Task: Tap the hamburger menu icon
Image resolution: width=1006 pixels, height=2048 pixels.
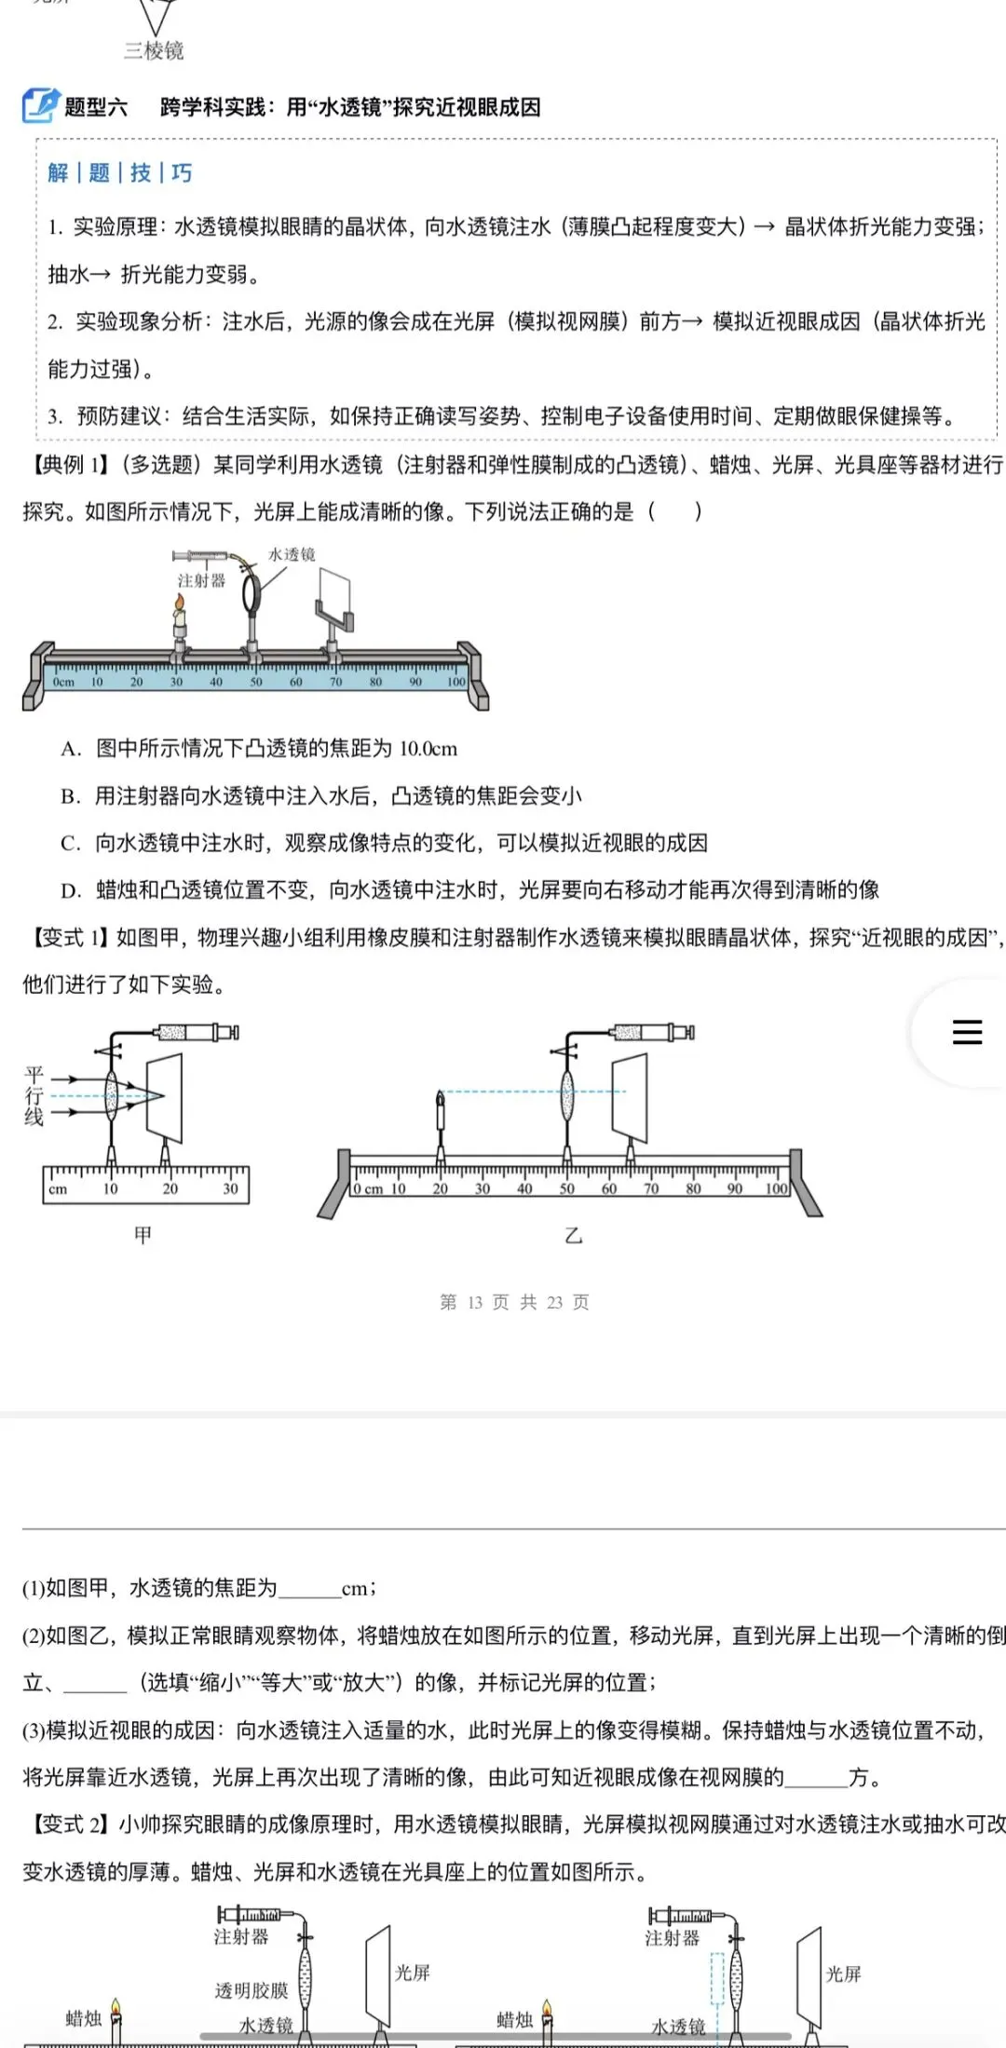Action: coord(967,1032)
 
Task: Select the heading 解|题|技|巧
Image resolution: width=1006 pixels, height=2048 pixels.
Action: coord(120,173)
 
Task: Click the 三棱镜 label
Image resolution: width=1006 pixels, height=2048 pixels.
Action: coord(154,50)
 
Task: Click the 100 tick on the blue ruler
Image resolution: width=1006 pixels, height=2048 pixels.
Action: coord(455,682)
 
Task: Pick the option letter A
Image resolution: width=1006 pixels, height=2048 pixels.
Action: coord(71,749)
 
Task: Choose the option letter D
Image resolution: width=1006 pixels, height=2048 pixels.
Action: coord(71,890)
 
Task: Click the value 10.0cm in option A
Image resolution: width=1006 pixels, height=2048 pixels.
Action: coord(428,749)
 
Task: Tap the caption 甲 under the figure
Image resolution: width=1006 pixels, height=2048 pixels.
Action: coord(143,1235)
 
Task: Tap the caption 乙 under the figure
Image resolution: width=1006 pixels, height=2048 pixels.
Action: coord(574,1235)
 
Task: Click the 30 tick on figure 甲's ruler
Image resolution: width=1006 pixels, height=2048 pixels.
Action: coord(230,1189)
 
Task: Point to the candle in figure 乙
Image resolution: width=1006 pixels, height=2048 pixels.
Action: coord(441,1114)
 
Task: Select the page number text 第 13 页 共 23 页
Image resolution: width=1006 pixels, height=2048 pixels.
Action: coord(514,1302)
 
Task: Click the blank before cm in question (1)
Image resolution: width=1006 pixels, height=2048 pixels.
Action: coord(309,1589)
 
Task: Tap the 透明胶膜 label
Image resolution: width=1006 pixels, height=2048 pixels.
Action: coord(251,1990)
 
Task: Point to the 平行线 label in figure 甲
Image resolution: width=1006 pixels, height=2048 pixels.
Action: coord(34,1096)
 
